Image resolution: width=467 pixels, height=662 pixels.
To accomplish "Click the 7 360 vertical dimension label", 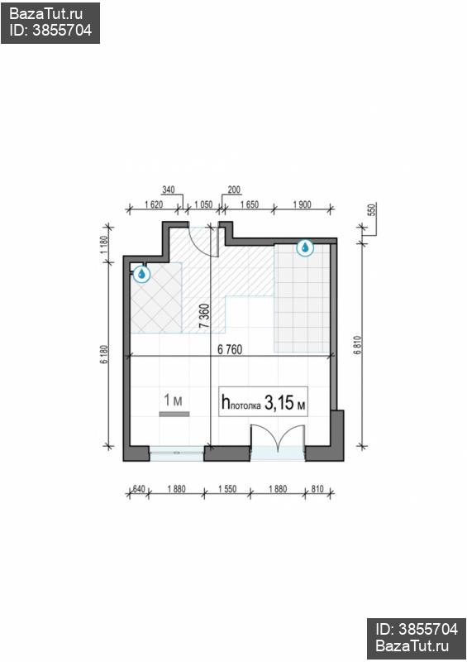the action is click(x=204, y=316).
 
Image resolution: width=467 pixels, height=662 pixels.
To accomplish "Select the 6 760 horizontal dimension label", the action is click(x=230, y=349).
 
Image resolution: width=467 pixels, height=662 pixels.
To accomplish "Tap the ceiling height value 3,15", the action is click(x=279, y=402).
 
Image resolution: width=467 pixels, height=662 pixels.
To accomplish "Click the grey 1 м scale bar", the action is click(x=174, y=415).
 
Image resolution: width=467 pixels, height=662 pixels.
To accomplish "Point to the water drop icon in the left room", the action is click(x=141, y=274).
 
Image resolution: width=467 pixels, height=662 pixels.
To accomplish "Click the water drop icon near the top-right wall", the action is click(x=305, y=247).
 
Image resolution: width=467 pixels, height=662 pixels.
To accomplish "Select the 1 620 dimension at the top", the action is click(x=154, y=204).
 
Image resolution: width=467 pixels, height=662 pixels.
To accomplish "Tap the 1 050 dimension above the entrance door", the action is click(x=203, y=204).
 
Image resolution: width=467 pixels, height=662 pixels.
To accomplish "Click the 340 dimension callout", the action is click(x=169, y=190).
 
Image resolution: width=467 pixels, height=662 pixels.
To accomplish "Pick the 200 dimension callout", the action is click(x=234, y=190).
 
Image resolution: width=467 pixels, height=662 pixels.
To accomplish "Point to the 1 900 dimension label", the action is click(x=302, y=204).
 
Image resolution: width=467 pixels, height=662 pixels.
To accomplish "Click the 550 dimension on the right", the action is click(x=372, y=209).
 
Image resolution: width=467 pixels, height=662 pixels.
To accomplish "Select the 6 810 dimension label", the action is click(x=358, y=344).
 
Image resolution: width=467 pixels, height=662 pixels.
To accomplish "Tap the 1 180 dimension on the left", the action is click(x=105, y=245).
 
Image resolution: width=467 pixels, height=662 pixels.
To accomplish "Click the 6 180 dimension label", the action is click(x=105, y=355).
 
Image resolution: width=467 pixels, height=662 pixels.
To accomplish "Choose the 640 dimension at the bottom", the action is click(x=139, y=489).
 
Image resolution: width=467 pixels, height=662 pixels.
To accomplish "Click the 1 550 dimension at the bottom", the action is click(x=227, y=489).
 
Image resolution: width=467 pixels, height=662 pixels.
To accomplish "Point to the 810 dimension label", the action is click(x=317, y=489).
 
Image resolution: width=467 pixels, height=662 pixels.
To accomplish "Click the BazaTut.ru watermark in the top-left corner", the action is click(x=46, y=14).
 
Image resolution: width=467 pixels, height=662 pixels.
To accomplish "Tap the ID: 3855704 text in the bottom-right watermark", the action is click(x=417, y=630).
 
